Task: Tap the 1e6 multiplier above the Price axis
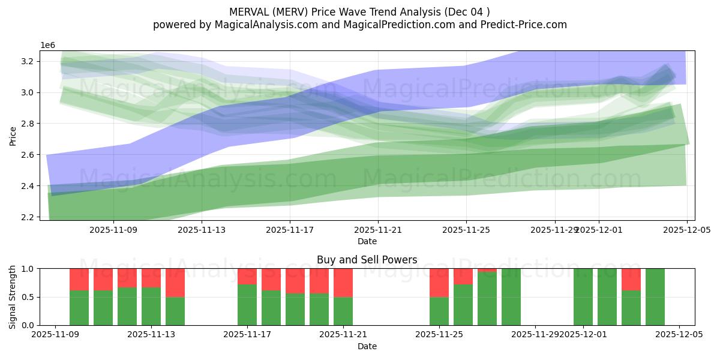tap(48, 45)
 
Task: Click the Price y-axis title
tap(13, 136)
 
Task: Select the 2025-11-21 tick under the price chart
tap(378, 229)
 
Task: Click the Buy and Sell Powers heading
tap(367, 260)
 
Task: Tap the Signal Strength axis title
tap(13, 296)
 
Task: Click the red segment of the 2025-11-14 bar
tap(175, 283)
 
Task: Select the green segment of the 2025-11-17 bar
tap(247, 305)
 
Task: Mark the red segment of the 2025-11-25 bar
tap(439, 283)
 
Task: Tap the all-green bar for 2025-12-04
tap(655, 297)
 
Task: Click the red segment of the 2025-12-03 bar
tap(631, 279)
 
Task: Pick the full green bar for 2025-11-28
tap(511, 297)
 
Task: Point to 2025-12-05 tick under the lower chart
tap(679, 334)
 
